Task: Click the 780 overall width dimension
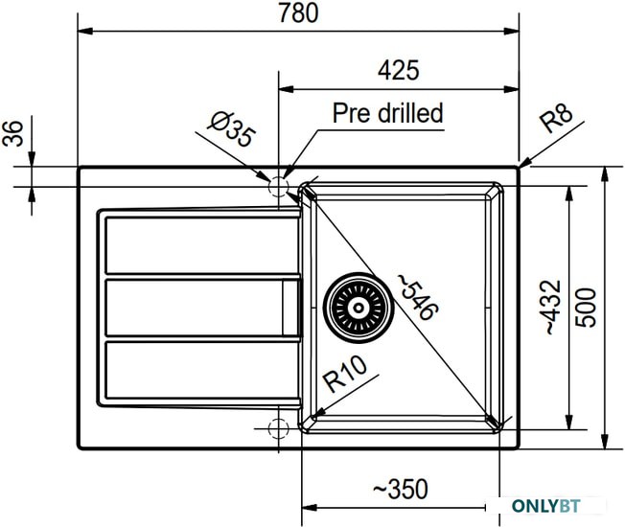pos(298,12)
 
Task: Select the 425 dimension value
pos(398,71)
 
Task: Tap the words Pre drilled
pos(388,113)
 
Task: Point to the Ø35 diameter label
pos(231,128)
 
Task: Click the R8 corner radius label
pos(556,118)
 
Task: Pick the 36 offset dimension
pos(13,133)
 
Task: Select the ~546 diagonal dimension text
pos(418,298)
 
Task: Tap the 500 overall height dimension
pos(587,308)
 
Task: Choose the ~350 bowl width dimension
pos(401,489)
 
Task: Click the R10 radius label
pos(345,374)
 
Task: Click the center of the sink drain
pos(359,308)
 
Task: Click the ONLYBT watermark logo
pos(546,506)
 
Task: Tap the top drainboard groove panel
pos(202,244)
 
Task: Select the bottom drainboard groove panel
pos(202,370)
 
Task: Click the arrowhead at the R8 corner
pos(526,163)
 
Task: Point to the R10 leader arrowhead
pos(318,413)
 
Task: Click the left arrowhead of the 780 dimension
pos(85,31)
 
